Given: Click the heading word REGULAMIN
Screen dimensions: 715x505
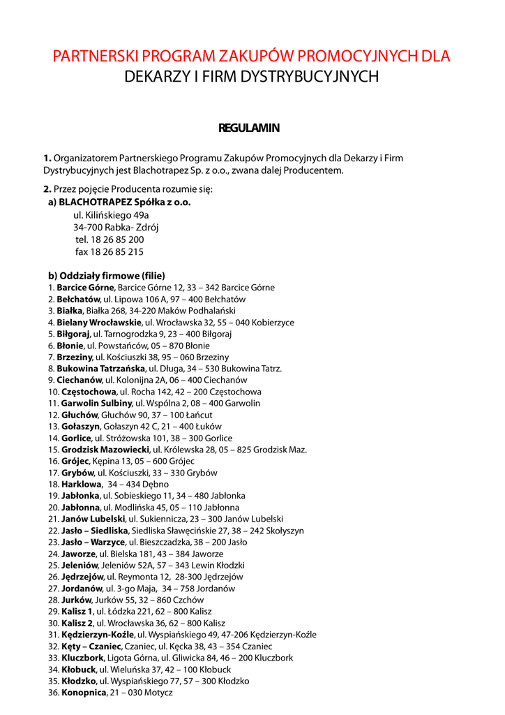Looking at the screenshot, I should pos(249,128).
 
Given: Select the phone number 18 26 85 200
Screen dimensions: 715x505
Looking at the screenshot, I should pos(117,239).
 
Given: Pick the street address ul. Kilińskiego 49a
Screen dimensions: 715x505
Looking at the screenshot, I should pos(111,215).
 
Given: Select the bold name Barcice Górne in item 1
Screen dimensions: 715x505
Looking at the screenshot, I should pos(85,288).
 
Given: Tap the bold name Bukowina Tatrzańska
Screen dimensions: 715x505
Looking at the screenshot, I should pos(101,369).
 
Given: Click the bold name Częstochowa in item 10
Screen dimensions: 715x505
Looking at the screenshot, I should pos(89,392).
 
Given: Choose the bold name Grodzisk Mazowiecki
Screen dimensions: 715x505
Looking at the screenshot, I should pos(105,450).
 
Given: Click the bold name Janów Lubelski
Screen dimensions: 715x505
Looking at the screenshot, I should pos(93,519).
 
